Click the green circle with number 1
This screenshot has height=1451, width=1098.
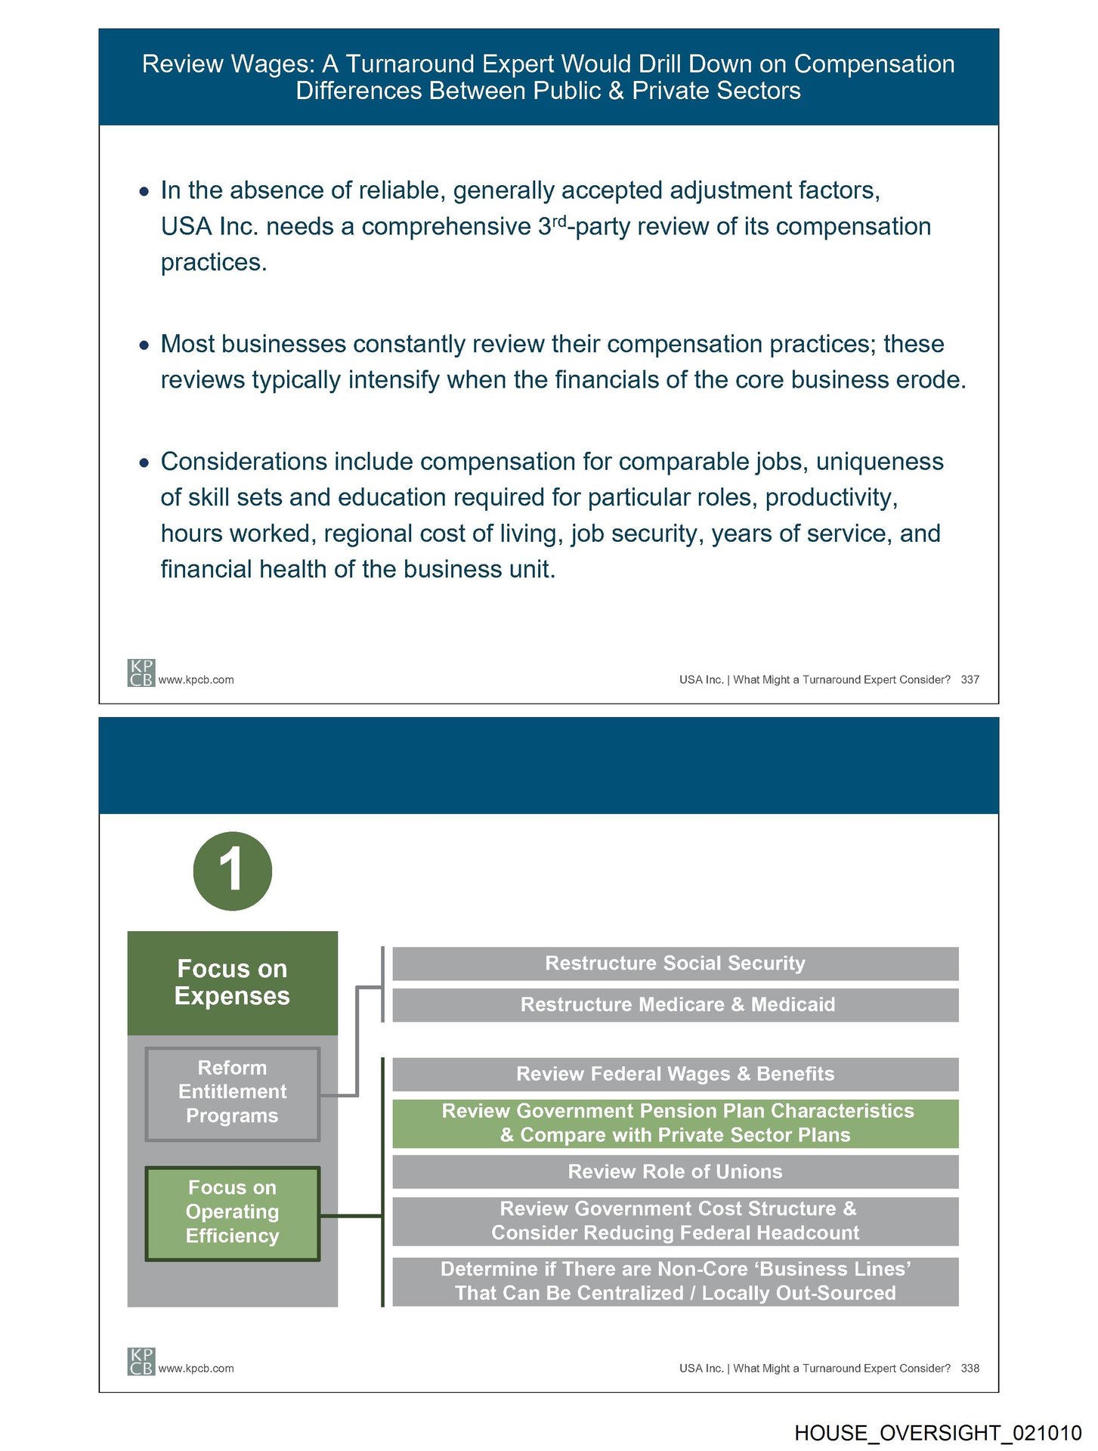point(232,871)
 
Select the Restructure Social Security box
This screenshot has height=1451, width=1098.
point(675,964)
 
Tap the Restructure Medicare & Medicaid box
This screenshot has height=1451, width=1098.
point(675,1005)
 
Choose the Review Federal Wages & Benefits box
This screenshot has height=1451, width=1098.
point(675,1074)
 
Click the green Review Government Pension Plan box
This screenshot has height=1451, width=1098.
point(675,1123)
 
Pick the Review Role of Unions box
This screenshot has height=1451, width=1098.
point(675,1171)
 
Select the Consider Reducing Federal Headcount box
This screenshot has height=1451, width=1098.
point(675,1221)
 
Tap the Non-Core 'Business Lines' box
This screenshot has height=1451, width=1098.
point(675,1282)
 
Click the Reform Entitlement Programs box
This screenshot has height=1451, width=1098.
point(232,1092)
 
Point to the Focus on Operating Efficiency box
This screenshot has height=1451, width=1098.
point(232,1212)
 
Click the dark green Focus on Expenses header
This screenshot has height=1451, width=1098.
point(232,982)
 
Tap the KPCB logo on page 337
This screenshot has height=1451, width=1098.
point(141,673)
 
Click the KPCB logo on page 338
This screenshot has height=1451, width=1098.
point(141,1361)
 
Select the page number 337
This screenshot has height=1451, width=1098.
point(970,679)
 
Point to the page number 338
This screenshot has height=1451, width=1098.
point(970,1368)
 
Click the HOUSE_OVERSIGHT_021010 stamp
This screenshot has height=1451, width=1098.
point(938,1433)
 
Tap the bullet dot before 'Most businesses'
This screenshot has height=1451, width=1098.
point(144,345)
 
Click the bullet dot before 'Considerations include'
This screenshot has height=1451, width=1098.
point(144,463)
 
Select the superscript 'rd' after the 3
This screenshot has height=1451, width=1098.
point(559,221)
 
